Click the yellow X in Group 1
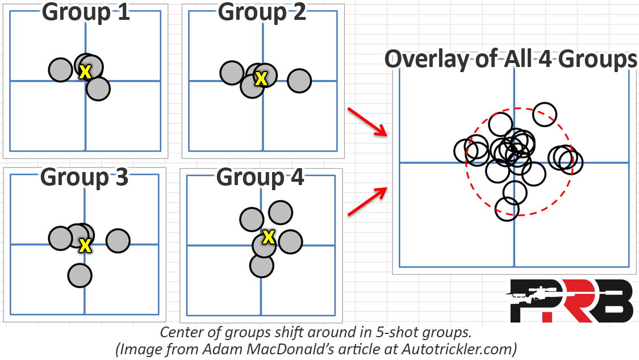pos(85,72)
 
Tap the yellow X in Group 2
pos(261,78)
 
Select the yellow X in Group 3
pos(85,245)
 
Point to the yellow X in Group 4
pos(269,237)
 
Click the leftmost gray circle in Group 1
pos(61,70)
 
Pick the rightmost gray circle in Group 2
pos(299,81)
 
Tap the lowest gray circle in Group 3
pos(80,276)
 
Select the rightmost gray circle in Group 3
pos(118,240)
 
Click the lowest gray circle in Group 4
pos(262,266)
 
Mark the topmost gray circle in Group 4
pos(281,212)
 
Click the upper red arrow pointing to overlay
pos(367,122)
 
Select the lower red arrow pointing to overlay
pos(367,201)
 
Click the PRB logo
pos(569,300)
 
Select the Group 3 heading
pos(85,177)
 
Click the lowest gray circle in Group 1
pos(98,89)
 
